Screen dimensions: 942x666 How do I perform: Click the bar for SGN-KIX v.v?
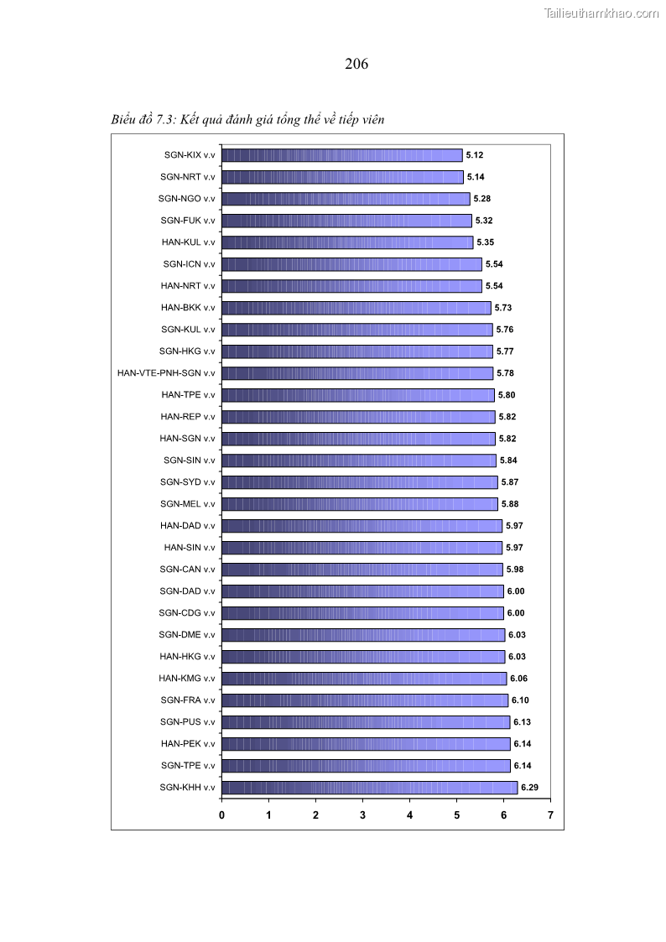342,155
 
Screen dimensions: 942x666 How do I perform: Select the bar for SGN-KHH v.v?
369,788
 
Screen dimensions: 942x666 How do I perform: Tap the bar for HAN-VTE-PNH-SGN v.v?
357,373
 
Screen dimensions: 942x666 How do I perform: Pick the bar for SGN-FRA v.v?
365,700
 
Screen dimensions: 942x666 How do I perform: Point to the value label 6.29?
529,788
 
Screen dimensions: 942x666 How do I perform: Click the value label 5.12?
475,155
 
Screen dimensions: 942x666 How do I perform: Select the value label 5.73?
503,308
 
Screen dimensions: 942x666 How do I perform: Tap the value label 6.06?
518,679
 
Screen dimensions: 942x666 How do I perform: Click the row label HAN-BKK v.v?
188,308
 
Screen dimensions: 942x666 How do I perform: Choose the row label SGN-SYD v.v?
188,482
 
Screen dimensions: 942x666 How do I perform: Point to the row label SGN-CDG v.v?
187,613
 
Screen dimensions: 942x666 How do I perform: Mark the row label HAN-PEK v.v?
188,744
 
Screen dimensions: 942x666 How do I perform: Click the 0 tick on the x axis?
221,814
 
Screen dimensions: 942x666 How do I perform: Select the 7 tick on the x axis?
550,814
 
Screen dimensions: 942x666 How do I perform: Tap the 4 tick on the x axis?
409,814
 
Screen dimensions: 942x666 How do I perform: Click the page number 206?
356,64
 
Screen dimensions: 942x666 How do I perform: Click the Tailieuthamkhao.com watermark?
601,13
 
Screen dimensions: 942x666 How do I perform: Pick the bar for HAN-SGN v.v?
358,439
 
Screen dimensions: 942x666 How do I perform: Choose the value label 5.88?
510,504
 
